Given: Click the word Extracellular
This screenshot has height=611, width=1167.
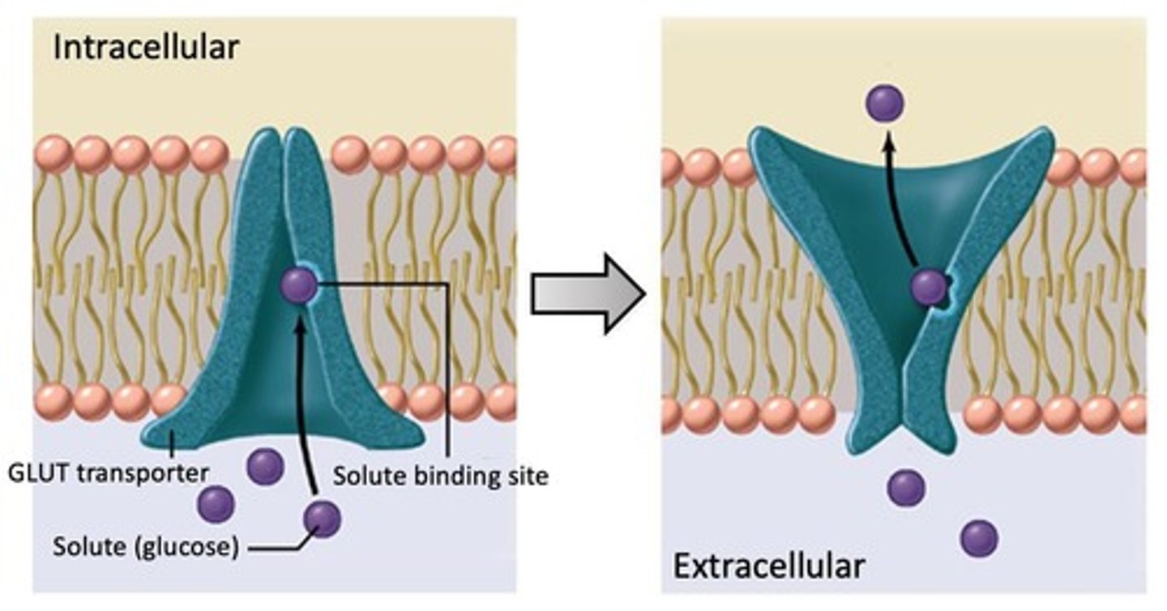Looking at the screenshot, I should coord(768,566).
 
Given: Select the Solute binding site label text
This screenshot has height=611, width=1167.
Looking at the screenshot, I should coord(440,476).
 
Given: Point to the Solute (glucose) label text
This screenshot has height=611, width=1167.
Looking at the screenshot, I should coord(146,548).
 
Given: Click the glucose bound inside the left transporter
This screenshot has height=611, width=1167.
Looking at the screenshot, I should coord(298,286).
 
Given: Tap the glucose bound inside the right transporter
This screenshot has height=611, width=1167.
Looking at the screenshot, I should coord(928,287).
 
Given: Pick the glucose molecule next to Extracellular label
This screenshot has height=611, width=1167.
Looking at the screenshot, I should coord(978,539).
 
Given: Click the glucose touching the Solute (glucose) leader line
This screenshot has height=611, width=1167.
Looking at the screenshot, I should coord(322,519).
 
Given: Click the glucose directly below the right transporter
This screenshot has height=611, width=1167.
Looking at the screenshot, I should coord(905,487).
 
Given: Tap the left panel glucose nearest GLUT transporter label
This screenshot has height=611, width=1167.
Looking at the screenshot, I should coord(216,504).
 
